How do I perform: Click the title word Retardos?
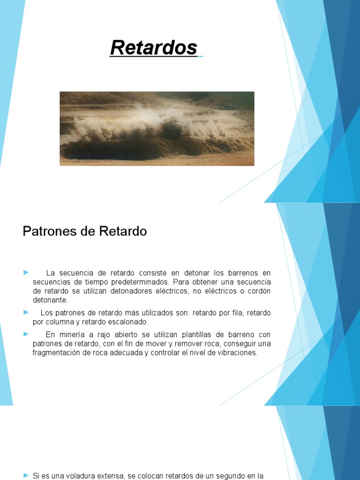(x=154, y=47)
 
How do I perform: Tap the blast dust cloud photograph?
(x=157, y=128)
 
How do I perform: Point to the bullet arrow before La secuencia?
(x=26, y=272)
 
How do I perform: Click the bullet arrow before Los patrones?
(x=26, y=312)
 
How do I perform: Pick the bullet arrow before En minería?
(x=26, y=334)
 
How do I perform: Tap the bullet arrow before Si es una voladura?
(x=26, y=475)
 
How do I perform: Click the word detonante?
(x=50, y=300)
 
